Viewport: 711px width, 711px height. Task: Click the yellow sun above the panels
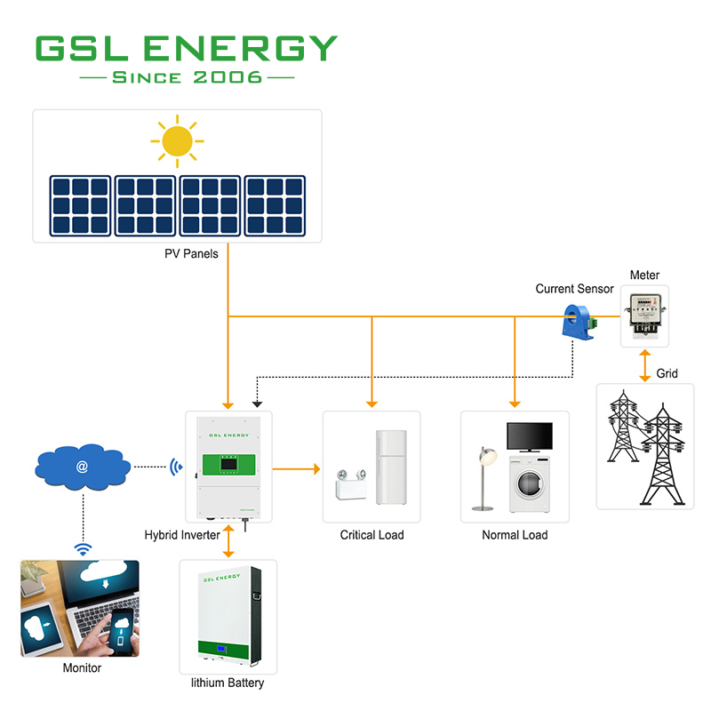(x=177, y=140)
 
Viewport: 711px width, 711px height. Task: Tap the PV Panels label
(x=191, y=254)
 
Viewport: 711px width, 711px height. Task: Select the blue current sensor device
(x=578, y=321)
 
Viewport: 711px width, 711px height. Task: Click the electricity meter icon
(x=643, y=316)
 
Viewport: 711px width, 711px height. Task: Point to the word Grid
(x=667, y=374)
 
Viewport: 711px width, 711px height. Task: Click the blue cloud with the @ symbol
(x=82, y=465)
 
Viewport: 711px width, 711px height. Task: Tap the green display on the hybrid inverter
(x=228, y=464)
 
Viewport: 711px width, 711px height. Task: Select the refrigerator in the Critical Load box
(x=390, y=467)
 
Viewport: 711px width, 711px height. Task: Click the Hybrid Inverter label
(x=182, y=535)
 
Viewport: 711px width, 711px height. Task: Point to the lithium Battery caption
(x=228, y=683)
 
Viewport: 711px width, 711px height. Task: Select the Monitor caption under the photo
(x=82, y=668)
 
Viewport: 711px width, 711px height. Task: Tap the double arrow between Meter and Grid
(x=643, y=364)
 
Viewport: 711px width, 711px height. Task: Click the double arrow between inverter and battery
(x=228, y=541)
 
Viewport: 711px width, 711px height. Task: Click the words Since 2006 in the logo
(x=187, y=77)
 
